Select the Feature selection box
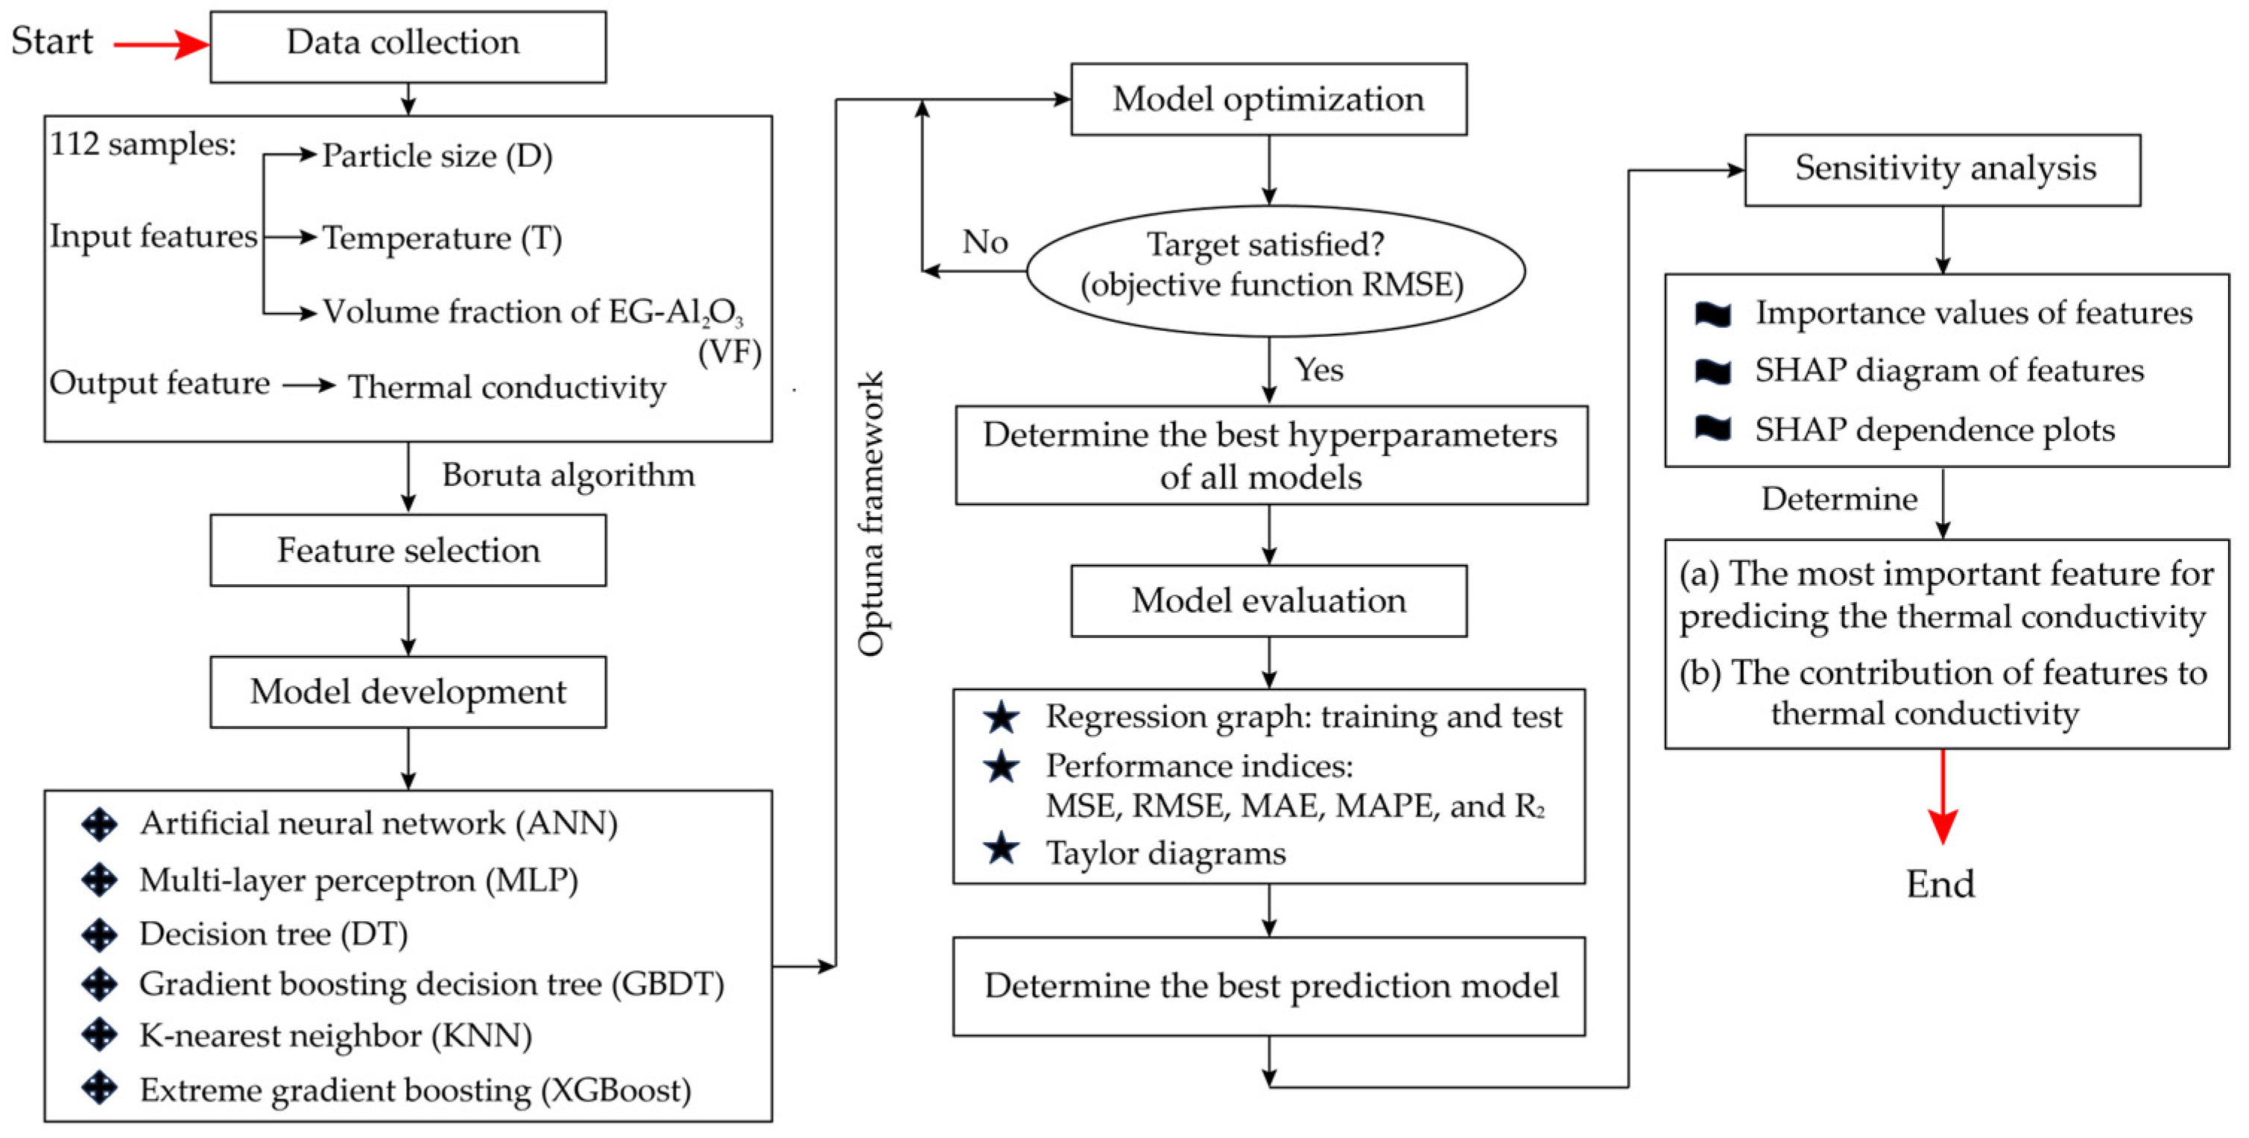pyautogui.click(x=408, y=550)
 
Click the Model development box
pyautogui.click(x=408, y=692)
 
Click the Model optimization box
pyautogui.click(x=1268, y=98)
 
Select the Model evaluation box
pyautogui.click(x=1268, y=601)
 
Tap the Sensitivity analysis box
pyautogui.click(x=1942, y=169)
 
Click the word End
pyautogui.click(x=1939, y=885)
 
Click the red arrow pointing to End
pyautogui.click(x=1942, y=799)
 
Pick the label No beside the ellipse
pyautogui.click(x=985, y=242)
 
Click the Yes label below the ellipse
pyautogui.click(x=1318, y=370)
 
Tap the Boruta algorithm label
pyautogui.click(x=569, y=475)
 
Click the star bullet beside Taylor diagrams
pyautogui.click(x=1001, y=850)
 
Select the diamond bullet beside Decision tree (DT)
pyautogui.click(x=100, y=935)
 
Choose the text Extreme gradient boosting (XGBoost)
pyautogui.click(x=416, y=1091)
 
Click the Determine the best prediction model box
pyautogui.click(x=1268, y=986)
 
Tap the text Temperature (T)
pyautogui.click(x=442, y=238)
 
